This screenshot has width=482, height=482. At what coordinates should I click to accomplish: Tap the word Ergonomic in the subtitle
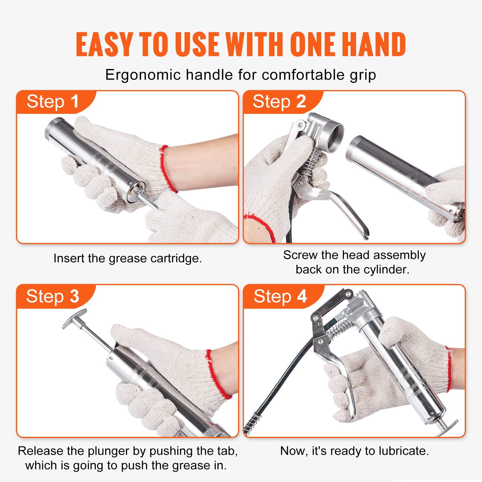[143, 75]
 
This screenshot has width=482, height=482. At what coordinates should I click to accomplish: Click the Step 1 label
[53, 102]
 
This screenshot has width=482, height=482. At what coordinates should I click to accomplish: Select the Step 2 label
[279, 102]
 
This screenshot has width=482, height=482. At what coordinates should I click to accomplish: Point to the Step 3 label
[53, 296]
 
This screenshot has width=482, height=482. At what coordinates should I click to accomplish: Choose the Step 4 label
[280, 296]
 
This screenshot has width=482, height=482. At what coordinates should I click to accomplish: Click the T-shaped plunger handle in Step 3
[74, 319]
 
